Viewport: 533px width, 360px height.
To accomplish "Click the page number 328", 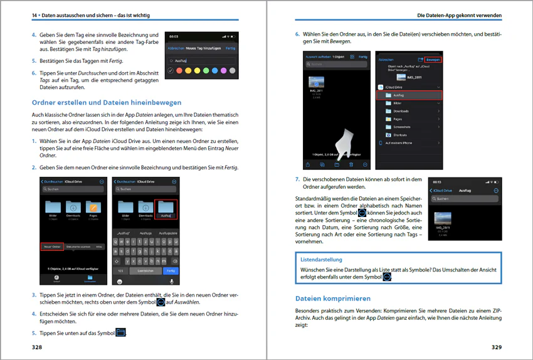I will [38, 346].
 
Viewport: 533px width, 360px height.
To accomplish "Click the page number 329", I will [496, 346].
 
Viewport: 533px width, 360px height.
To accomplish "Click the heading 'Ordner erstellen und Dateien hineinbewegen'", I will [107, 102].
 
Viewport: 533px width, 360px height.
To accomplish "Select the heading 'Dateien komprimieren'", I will [333, 298].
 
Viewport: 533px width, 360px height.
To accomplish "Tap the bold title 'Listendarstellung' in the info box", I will [321, 258].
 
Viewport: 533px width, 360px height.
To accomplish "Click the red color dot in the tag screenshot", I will [179, 70].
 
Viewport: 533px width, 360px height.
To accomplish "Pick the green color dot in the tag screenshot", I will [206, 70].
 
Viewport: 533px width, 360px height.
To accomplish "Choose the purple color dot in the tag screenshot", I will [224, 70].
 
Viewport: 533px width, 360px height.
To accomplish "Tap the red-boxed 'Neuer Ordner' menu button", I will [52, 247].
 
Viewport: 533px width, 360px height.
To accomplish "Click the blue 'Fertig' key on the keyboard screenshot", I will [170, 271].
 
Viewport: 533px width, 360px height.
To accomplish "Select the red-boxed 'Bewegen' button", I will [433, 60].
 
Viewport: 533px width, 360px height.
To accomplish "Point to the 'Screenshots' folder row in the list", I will [401, 127].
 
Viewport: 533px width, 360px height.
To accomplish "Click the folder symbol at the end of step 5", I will [121, 332].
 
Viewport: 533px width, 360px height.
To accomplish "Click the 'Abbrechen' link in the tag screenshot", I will [176, 48].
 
